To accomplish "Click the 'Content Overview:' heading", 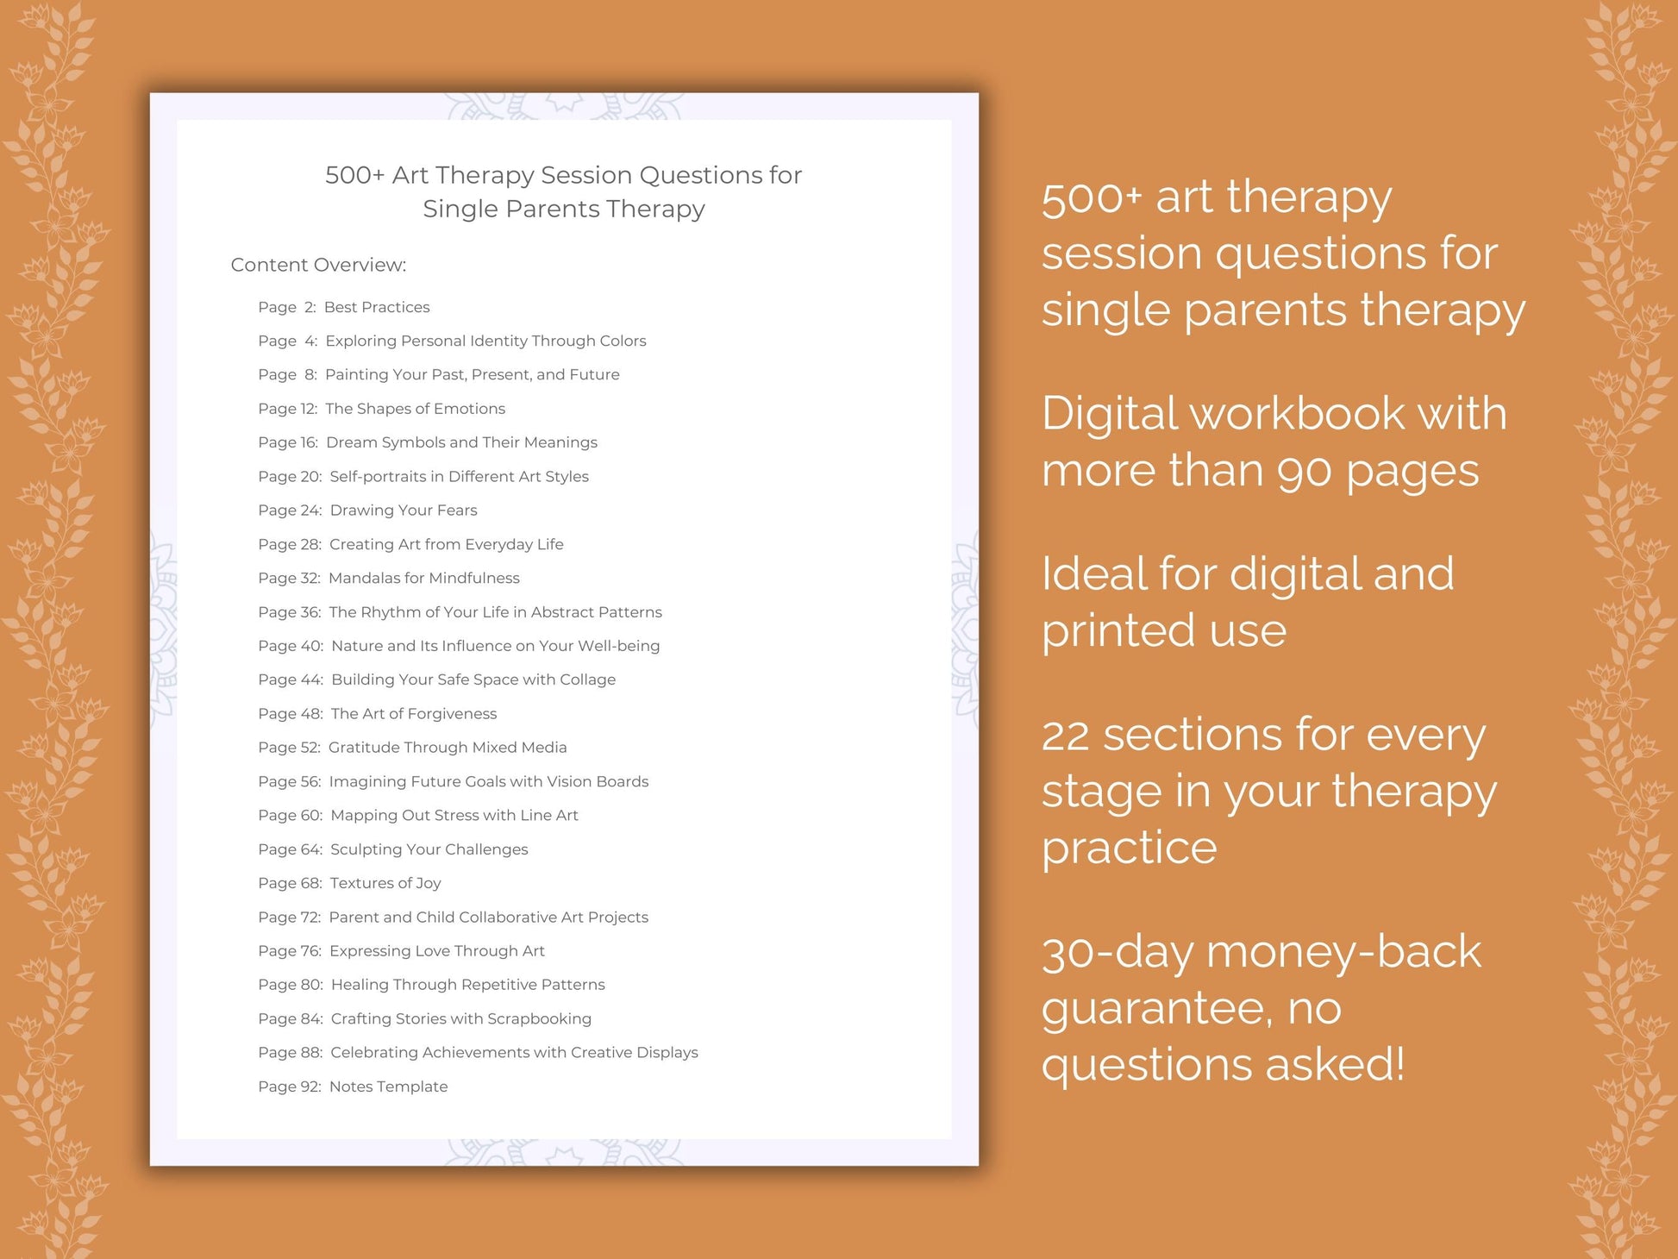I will point(318,265).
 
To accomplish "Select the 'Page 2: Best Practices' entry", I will point(343,307).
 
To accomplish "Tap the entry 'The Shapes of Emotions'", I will point(415,409).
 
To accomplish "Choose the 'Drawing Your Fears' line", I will point(403,510).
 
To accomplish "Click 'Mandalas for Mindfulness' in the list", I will point(423,578).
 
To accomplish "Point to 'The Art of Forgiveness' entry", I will point(413,714).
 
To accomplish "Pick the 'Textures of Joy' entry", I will point(385,883).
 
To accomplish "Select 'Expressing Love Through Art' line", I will point(436,951).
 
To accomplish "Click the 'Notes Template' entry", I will point(388,1087).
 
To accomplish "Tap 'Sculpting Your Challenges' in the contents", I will point(429,849).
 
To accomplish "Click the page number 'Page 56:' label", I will point(289,781).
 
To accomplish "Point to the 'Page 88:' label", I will point(290,1053).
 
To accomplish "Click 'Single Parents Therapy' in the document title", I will point(563,210).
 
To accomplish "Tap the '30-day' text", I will point(1117,953).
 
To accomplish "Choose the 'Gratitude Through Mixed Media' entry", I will point(447,748).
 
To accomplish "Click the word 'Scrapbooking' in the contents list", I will point(539,1019).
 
